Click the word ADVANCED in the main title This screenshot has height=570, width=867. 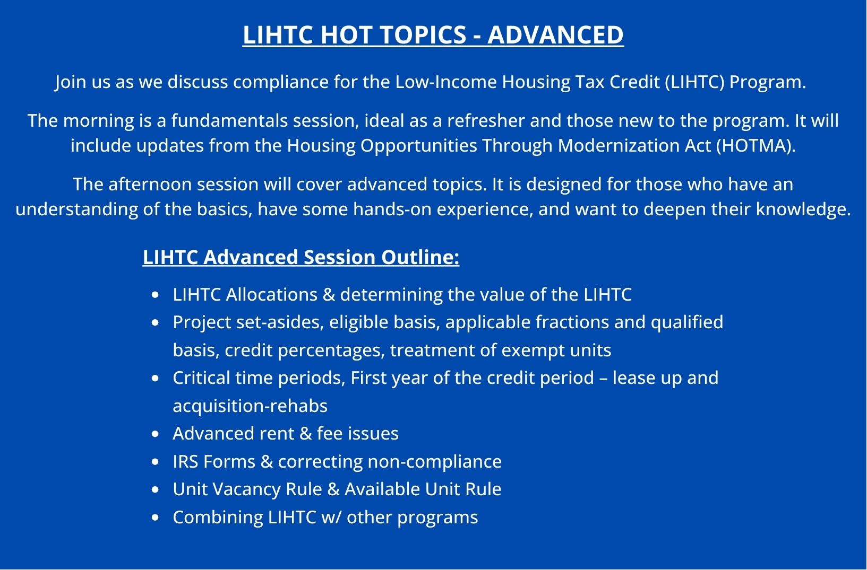(x=555, y=35)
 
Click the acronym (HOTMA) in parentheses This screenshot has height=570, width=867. (x=756, y=146)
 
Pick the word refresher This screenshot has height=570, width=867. (x=486, y=120)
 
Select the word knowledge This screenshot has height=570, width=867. (x=803, y=209)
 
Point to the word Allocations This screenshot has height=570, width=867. (x=272, y=294)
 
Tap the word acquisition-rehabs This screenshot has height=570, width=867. (x=250, y=406)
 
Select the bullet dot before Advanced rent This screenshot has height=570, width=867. (x=156, y=434)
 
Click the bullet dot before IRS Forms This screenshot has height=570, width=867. (x=156, y=462)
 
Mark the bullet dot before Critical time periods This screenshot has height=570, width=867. (x=156, y=379)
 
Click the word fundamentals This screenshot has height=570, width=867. (x=229, y=120)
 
